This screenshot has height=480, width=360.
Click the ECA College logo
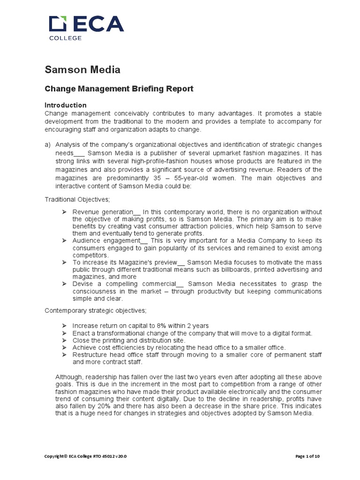pos(87,27)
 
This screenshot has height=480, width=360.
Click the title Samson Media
pos(82,70)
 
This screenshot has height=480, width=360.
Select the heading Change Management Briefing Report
pos(119,89)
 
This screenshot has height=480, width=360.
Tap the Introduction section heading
pos(65,105)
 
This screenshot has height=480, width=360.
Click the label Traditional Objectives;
pos(77,199)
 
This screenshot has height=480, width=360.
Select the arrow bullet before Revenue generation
pos(65,212)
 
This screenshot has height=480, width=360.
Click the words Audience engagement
pos(102,240)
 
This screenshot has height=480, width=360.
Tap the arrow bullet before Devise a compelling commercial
pos(65,284)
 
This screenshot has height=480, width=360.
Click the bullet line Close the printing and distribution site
pos(129,340)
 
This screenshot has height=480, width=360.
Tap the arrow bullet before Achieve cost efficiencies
pos(65,347)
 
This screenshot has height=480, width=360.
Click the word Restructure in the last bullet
pos(89,355)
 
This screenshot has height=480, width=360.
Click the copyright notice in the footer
pos(85,456)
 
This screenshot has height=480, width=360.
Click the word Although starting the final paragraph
pos(70,377)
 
